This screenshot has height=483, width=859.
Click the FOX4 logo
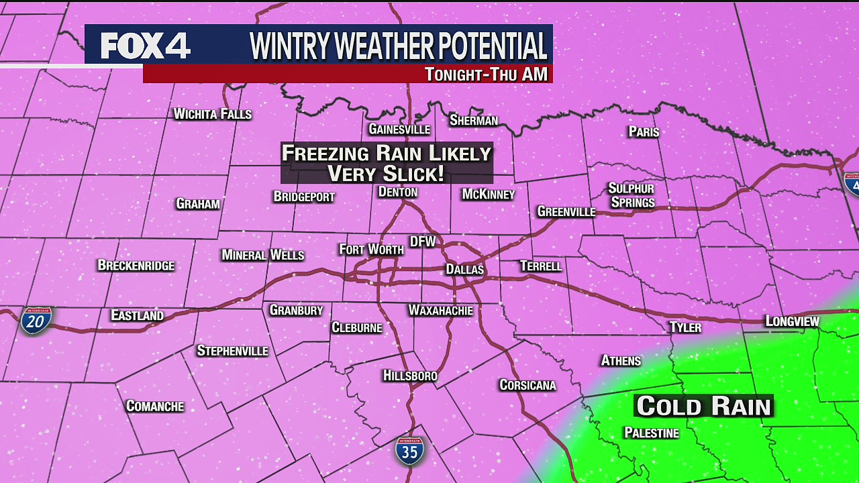point(146,46)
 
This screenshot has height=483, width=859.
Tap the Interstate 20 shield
point(36,321)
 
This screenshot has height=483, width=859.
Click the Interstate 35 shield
point(409,451)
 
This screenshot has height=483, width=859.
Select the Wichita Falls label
point(212,114)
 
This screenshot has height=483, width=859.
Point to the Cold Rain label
point(704,406)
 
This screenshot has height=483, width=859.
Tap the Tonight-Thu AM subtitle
point(486,74)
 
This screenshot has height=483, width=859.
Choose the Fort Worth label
point(371,250)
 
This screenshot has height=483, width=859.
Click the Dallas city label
point(464,269)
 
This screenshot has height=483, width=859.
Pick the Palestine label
point(651,433)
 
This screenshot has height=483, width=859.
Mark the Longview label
point(792,321)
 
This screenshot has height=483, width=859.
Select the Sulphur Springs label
point(631,195)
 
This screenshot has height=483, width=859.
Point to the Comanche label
point(154,406)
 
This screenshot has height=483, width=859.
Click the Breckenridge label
point(136,265)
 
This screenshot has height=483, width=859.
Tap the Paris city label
point(644,131)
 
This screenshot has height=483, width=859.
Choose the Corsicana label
point(527,384)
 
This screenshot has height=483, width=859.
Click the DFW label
point(423,241)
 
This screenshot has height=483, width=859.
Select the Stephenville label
point(232,351)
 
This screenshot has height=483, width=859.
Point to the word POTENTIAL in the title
point(491,46)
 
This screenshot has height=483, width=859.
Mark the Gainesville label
point(399,129)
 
